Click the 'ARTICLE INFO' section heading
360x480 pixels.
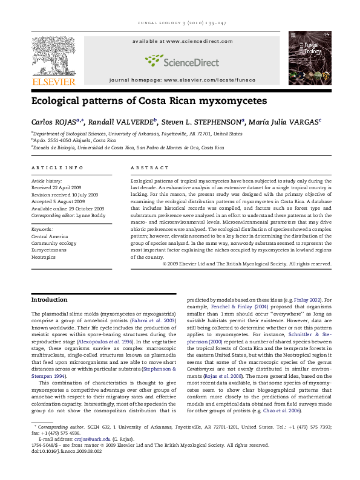pos(57,167)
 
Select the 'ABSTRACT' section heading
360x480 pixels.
pos(149,167)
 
